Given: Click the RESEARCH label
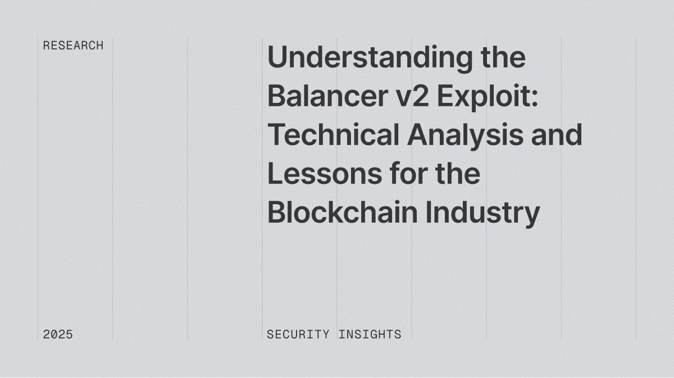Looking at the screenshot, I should point(73,46).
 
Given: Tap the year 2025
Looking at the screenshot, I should point(58,334).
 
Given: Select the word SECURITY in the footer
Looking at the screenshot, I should point(298,334).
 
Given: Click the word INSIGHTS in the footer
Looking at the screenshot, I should point(370,334).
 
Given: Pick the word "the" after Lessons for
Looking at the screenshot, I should point(458,174).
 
